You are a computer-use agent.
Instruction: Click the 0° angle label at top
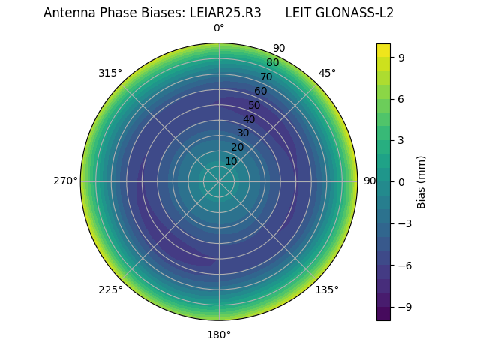click(x=219, y=28)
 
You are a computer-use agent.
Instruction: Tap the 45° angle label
click(x=327, y=73)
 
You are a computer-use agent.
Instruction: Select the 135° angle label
click(x=327, y=289)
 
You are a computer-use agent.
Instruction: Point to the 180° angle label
click(x=219, y=334)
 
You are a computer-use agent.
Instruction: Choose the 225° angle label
click(x=110, y=289)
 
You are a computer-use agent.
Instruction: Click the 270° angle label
click(x=65, y=181)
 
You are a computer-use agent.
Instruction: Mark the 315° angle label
click(x=110, y=73)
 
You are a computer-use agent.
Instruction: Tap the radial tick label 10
click(x=231, y=161)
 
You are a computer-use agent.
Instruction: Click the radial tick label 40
click(x=249, y=119)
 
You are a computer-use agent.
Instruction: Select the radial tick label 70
click(x=266, y=76)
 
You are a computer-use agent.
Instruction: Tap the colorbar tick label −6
click(x=403, y=265)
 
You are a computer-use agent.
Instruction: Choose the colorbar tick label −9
click(x=403, y=307)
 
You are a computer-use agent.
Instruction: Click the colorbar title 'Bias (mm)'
click(x=421, y=181)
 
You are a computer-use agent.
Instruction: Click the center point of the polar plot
click(x=219, y=181)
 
